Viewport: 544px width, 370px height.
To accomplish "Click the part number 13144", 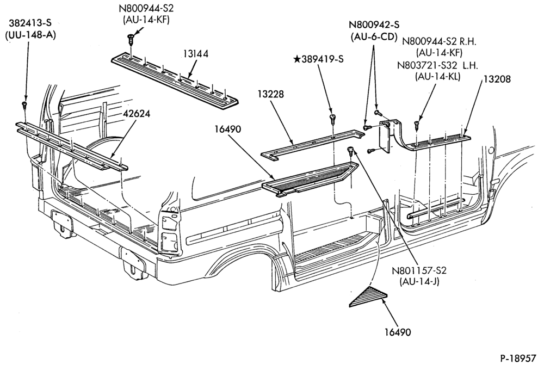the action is coord(196,54).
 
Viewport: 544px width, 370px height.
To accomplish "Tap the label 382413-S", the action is coord(30,23).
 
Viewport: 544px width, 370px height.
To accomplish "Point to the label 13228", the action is coord(270,94).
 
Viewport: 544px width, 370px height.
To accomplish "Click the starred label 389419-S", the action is coord(318,59).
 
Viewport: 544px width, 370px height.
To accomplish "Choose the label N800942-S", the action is coord(374,24).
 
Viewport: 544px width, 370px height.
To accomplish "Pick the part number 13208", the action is coord(497,79).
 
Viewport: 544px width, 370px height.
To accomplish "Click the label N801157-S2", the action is coord(419,270).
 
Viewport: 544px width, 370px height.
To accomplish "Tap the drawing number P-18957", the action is coord(518,358).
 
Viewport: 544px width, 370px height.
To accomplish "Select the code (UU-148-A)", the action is coord(30,35).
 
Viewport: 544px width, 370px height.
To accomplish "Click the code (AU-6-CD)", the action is coord(374,36).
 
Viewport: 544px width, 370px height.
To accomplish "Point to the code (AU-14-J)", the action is coord(419,282).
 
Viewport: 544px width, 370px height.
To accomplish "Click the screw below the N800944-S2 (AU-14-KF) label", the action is coord(131,39).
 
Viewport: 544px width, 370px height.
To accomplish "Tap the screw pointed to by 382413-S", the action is coord(24,105).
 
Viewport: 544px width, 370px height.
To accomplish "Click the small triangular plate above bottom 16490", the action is coord(368,297).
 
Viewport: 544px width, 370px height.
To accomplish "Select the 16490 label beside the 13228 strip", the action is coord(227,129).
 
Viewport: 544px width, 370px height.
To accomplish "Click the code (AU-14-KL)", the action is coord(437,76).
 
